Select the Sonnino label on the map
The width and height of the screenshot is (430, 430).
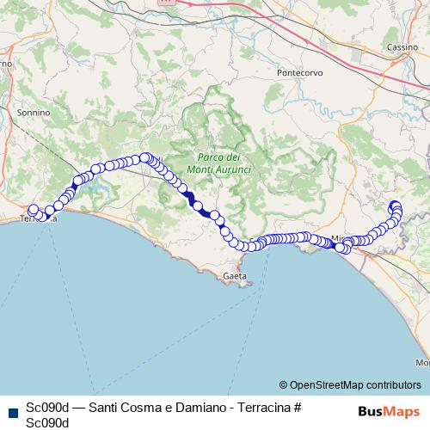[x=34, y=112]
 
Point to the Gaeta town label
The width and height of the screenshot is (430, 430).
[x=234, y=276]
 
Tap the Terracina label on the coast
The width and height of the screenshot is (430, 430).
[x=39, y=220]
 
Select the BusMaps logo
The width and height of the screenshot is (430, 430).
[x=388, y=411]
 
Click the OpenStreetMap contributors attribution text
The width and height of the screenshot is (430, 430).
[x=355, y=384]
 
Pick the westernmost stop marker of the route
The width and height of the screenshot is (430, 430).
[x=34, y=210]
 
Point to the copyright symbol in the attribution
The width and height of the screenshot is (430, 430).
[x=284, y=384]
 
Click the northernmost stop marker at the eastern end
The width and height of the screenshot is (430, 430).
[x=395, y=205]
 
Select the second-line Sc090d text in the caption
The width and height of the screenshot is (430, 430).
[x=47, y=422]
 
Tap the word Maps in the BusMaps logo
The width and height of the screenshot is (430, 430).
[x=401, y=411]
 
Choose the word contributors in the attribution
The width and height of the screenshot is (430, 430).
[x=390, y=384]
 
